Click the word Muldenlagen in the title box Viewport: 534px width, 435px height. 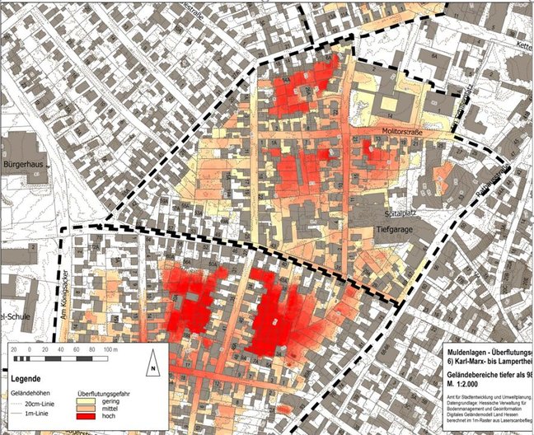[466, 350]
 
